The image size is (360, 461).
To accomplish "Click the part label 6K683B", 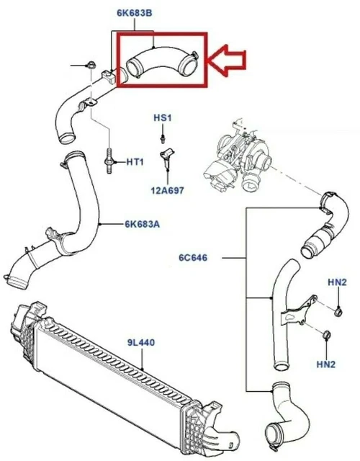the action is tap(135, 13).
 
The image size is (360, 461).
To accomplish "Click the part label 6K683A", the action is tap(143, 224).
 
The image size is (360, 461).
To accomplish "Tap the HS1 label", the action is tap(163, 118).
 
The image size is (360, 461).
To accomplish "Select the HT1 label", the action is tap(135, 161).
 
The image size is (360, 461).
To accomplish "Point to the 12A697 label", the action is tap(167, 190).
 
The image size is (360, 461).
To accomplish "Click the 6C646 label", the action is tap(193, 258).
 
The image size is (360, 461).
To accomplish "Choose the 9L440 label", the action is tap(141, 343).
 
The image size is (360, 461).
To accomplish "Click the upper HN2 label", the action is tap(338, 282).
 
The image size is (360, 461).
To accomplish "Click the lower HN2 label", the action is tap(326, 364).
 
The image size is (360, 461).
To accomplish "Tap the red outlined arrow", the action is tap(226, 61).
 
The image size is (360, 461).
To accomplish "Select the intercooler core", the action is tap(114, 366).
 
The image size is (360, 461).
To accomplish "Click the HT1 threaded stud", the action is tap(109, 161).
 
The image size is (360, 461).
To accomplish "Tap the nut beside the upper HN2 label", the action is tap(338, 310).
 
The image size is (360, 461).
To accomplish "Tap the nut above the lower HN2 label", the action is tap(326, 334).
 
